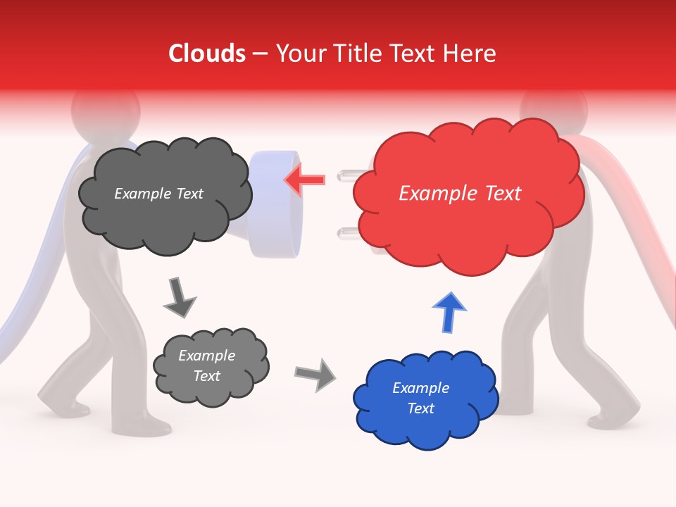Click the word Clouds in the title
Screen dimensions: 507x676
coord(207,54)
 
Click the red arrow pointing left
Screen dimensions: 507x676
coord(305,179)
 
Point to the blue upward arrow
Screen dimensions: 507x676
coord(449,313)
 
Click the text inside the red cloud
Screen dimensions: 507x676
coord(460,194)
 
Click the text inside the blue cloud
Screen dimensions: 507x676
coord(420,398)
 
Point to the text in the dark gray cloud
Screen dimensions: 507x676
coord(158,194)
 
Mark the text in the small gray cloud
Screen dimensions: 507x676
coord(206,366)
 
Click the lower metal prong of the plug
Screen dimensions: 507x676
coord(348,232)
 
